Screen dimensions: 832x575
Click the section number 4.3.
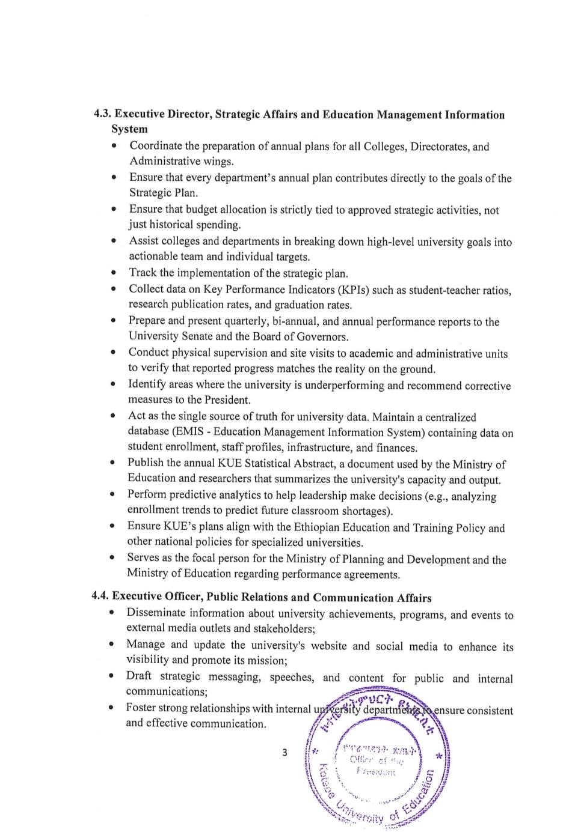(102, 114)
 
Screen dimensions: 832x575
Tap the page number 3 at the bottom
(284, 752)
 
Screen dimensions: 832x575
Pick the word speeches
(292, 678)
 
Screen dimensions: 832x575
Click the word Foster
(140, 708)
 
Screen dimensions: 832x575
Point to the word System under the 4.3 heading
(129, 129)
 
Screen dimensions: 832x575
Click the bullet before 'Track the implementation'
(114, 273)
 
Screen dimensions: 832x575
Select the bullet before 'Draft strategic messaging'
(112, 676)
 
